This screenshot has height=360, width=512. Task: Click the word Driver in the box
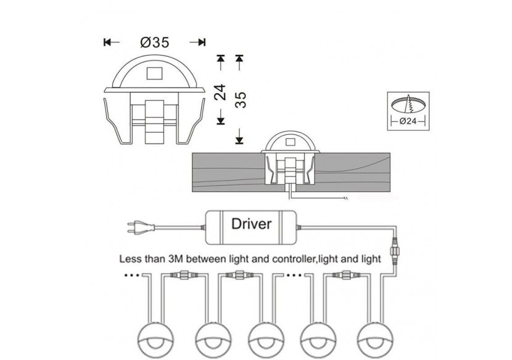(251, 223)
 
